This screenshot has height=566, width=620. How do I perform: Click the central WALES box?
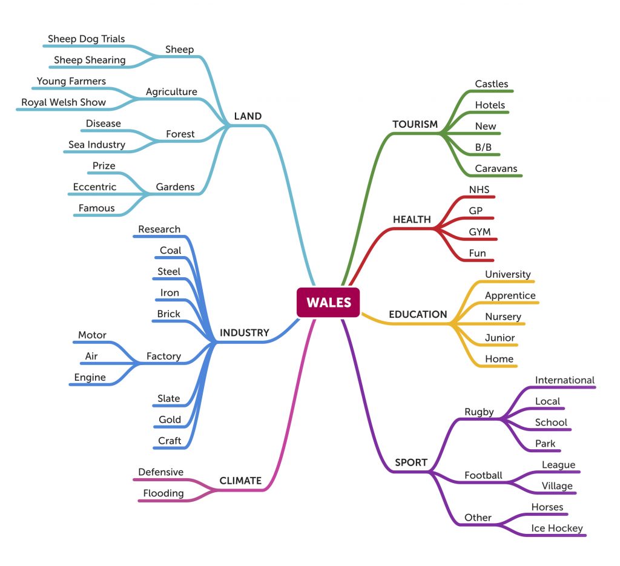[x=328, y=302]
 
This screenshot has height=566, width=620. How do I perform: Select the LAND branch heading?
[x=248, y=116]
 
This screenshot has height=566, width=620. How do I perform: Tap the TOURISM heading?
[x=415, y=124]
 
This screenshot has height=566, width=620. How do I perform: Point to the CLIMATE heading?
[x=240, y=481]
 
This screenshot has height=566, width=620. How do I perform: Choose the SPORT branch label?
[x=411, y=462]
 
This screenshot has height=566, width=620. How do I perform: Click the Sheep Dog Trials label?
[x=87, y=39]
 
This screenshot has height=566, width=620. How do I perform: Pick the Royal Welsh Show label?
[x=64, y=102]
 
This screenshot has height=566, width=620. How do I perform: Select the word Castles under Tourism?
[x=492, y=84]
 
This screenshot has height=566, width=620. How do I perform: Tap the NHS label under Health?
[x=479, y=189]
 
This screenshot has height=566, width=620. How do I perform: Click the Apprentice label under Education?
[x=510, y=295]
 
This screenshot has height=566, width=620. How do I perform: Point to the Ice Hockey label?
[x=557, y=528]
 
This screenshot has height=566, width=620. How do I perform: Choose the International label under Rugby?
[x=565, y=380]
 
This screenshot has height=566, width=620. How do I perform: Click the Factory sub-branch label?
[x=163, y=356]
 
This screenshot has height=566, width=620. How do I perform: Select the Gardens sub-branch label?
[x=175, y=186]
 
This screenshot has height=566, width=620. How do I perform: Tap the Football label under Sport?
[x=483, y=475]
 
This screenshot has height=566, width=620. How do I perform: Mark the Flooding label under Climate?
[x=163, y=493]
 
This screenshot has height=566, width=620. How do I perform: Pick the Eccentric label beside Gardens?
[x=94, y=186]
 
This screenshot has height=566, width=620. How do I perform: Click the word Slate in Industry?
[x=169, y=398]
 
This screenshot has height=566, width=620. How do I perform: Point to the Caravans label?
[x=496, y=168]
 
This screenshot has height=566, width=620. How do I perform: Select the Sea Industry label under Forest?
[x=97, y=144]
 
